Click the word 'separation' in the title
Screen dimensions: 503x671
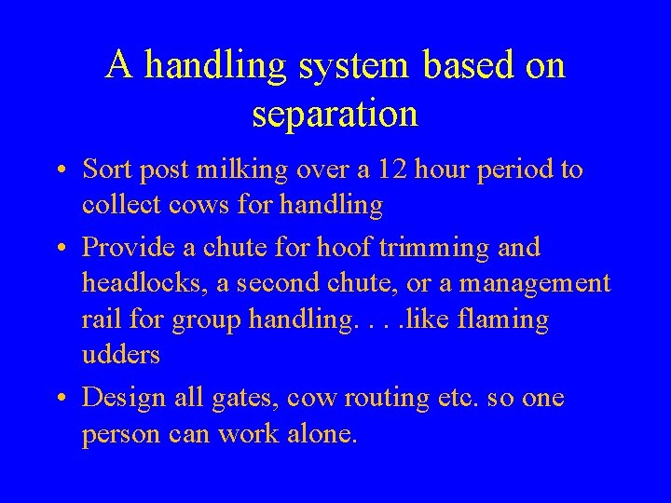tap(335, 116)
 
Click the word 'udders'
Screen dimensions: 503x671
tap(120, 356)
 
